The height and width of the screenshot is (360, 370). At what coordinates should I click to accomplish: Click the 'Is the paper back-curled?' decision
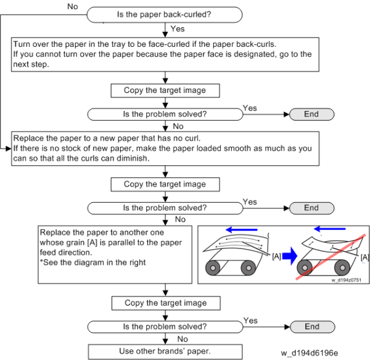tap(164, 12)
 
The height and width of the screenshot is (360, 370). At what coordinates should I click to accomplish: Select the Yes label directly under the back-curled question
tap(177, 29)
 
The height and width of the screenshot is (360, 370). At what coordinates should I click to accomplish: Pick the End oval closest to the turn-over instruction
tap(311, 114)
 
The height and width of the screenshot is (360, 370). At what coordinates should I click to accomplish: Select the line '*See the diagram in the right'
tap(94, 263)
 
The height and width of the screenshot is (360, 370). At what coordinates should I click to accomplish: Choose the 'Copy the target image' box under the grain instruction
tap(165, 303)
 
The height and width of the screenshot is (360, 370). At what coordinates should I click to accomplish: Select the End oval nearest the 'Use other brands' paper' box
tap(311, 327)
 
